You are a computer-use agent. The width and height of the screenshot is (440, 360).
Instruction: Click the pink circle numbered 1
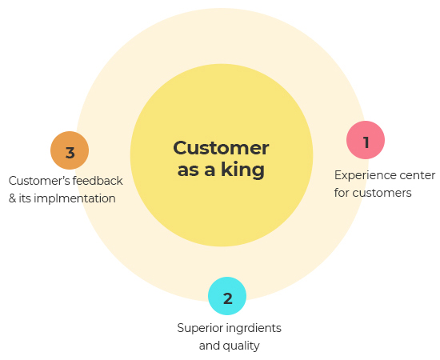tap(366, 140)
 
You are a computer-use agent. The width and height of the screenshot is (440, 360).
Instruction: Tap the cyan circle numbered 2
tap(227, 296)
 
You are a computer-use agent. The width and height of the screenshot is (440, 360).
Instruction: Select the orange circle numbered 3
tap(70, 150)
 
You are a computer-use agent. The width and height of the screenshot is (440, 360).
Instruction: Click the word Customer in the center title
tap(221, 148)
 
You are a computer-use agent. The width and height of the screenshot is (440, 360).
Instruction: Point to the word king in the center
tap(242, 170)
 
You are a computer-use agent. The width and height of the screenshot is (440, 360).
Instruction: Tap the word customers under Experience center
tap(382, 193)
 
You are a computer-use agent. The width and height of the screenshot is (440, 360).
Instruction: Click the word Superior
tap(199, 328)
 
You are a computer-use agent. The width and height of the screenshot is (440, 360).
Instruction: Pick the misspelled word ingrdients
tap(254, 328)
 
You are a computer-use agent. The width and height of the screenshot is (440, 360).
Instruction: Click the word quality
tap(241, 346)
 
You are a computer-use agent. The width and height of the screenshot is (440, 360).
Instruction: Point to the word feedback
tap(98, 181)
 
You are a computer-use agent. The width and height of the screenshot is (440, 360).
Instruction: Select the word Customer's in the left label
tap(39, 181)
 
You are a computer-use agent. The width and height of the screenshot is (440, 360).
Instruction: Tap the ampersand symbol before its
tap(12, 198)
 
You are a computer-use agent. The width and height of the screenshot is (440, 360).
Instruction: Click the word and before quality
tap(210, 346)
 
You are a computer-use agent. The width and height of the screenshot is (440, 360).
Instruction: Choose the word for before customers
tap(342, 193)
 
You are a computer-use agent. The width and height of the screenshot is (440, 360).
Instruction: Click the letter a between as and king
tap(210, 170)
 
